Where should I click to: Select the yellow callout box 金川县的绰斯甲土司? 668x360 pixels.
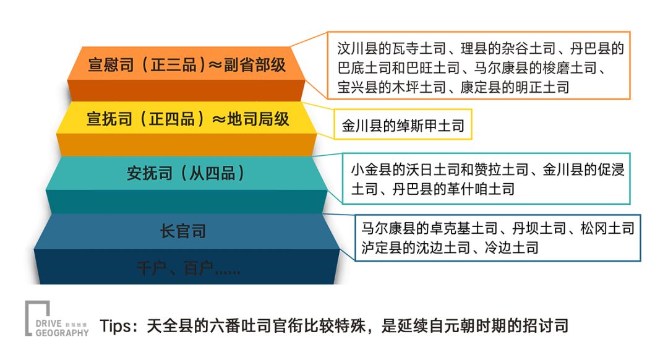point(403,127)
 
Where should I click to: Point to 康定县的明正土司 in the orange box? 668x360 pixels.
point(515,87)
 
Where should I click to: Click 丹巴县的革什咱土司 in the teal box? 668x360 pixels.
point(453,188)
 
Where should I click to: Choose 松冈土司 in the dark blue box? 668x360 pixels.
point(607,229)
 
